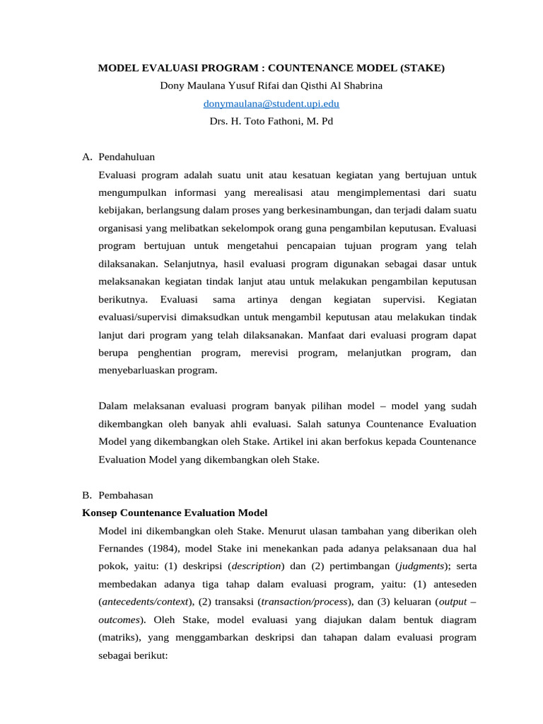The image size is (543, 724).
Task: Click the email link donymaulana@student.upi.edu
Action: [271, 104]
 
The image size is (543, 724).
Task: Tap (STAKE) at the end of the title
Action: [422, 69]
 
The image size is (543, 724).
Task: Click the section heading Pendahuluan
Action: [127, 156]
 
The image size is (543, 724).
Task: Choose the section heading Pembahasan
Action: [126, 495]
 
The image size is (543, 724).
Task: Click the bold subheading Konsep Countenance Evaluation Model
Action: [175, 513]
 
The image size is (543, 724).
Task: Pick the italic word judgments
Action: [421, 566]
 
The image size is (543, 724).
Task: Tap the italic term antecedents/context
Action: [145, 601]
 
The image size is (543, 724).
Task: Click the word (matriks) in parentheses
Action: [121, 636]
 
